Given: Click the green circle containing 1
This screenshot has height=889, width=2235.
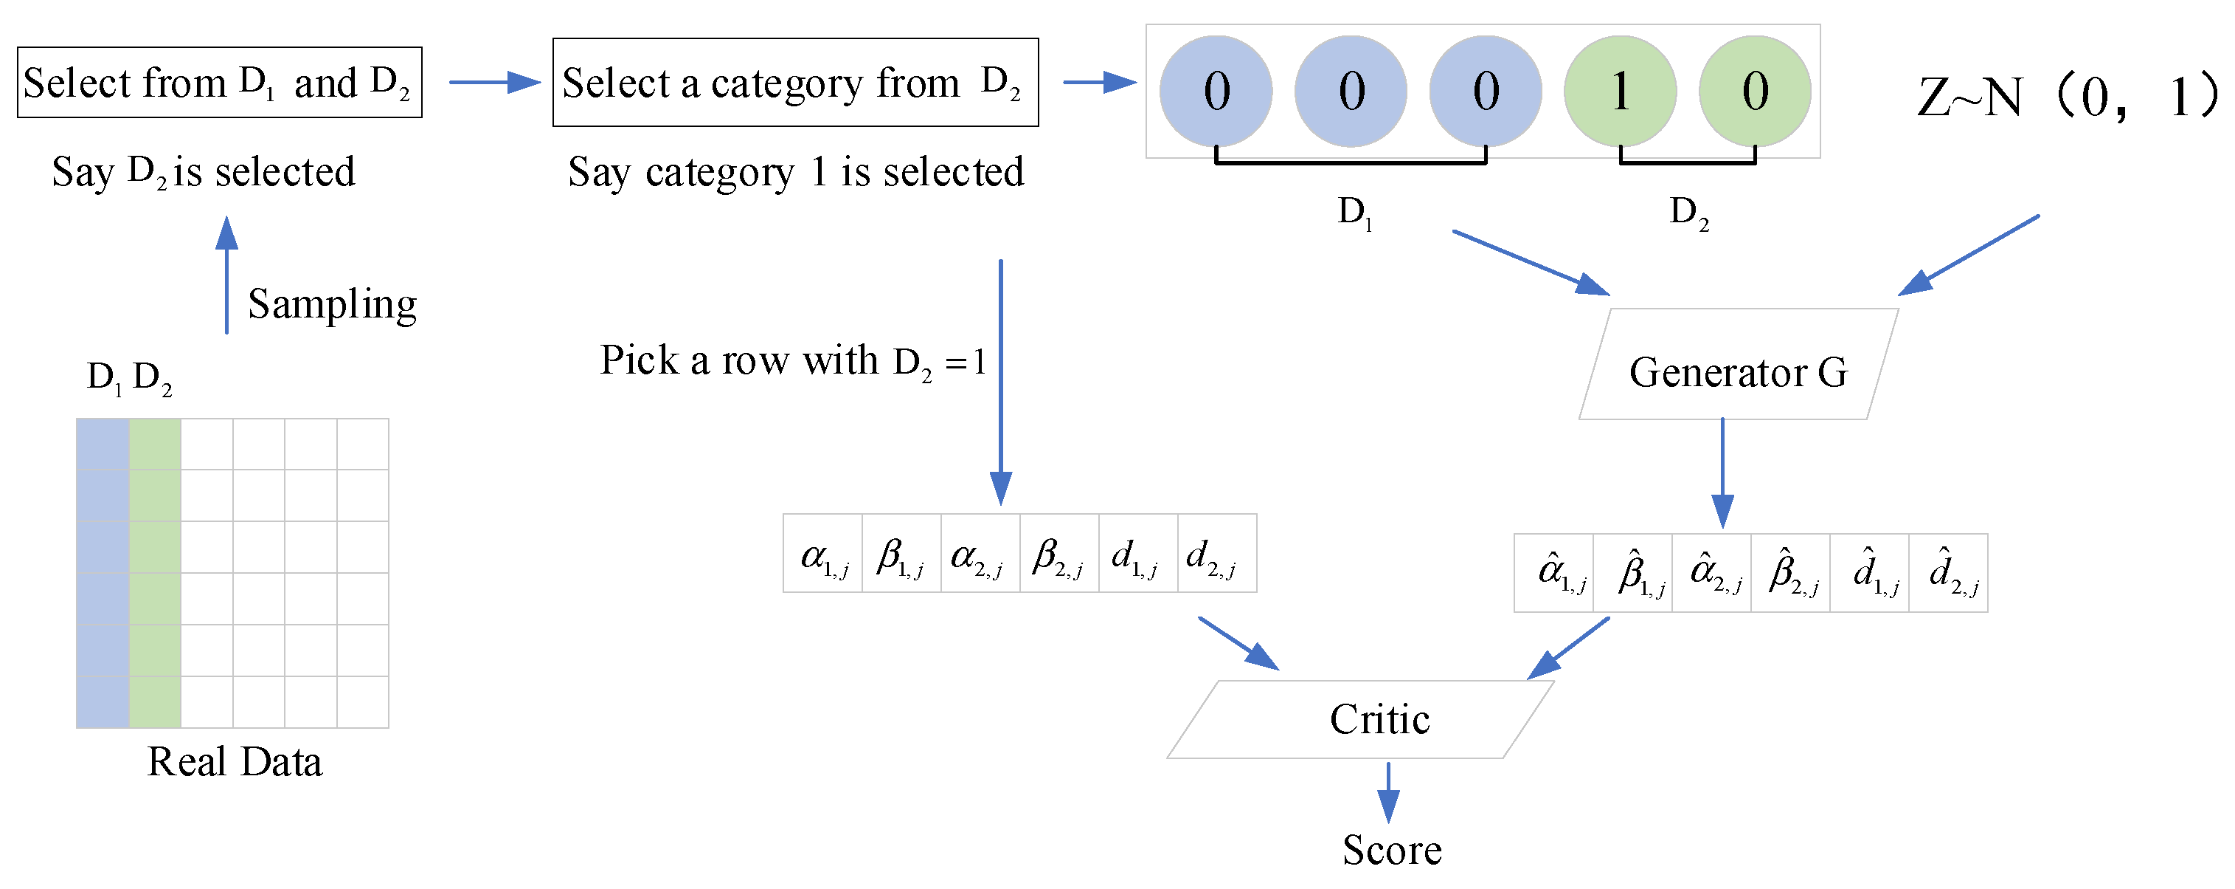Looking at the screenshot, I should click(x=1620, y=91).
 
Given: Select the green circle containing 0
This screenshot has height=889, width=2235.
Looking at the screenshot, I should click(x=1754, y=91).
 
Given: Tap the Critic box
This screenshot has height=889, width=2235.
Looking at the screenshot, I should click(x=1360, y=719).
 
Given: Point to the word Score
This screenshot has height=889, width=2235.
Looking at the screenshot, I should click(x=1392, y=850).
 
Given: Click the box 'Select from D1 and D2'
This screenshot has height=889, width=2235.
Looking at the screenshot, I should click(x=220, y=83).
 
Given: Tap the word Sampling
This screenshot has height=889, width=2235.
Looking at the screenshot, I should click(x=333, y=304).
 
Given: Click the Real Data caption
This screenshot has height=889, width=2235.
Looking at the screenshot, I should click(x=235, y=761).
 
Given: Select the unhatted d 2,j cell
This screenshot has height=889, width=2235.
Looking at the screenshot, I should click(x=1216, y=553).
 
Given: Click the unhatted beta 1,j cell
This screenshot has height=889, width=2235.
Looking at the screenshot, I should click(x=901, y=553).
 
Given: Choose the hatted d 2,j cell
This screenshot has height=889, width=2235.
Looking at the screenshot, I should click(x=1948, y=573).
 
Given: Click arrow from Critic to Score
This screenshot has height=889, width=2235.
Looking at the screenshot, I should click(x=1388, y=792).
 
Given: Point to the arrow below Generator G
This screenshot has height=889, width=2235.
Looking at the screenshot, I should click(x=1722, y=473).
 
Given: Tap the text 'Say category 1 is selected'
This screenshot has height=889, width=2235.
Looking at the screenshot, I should click(x=796, y=171).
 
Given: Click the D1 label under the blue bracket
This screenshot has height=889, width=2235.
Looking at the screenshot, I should click(x=1354, y=212).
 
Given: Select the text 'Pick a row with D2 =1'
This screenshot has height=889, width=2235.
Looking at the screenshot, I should click(x=793, y=360).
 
